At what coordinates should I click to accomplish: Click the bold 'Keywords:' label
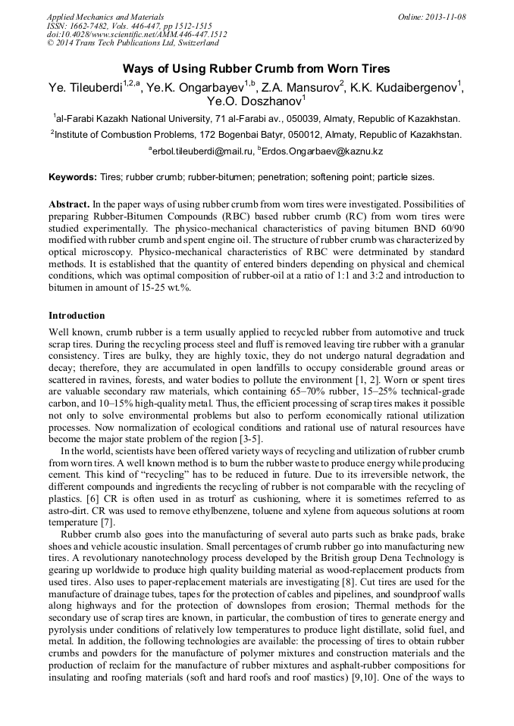pyautogui.click(x=72, y=177)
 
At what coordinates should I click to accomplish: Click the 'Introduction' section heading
pyautogui.click(x=77, y=315)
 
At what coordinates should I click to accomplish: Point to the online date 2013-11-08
pyautogui.click(x=446, y=17)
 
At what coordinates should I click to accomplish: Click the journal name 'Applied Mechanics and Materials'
pyautogui.click(x=105, y=17)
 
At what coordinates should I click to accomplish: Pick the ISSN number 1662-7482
pyautogui.click(x=92, y=26)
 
